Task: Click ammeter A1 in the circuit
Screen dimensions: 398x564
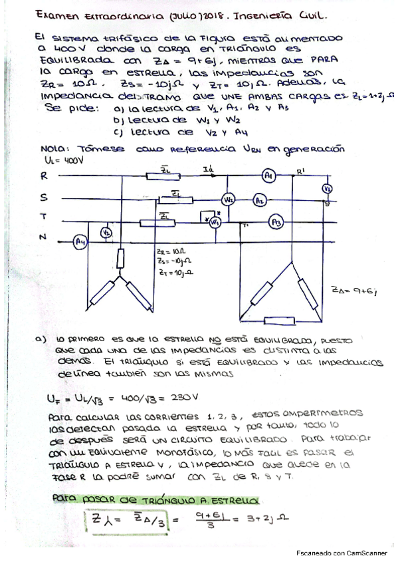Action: coord(268,176)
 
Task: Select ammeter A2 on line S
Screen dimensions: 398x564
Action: coord(260,200)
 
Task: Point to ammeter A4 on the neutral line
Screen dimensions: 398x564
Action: coord(80,240)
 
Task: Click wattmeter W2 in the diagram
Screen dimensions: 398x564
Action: coord(228,200)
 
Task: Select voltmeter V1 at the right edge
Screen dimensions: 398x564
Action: coord(327,189)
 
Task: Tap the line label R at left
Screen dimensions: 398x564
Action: coord(43,176)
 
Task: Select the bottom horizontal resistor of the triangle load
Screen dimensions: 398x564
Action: coord(270,320)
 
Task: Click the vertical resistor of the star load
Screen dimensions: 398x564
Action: coord(121,257)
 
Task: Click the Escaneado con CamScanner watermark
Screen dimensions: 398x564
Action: coord(341,553)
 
